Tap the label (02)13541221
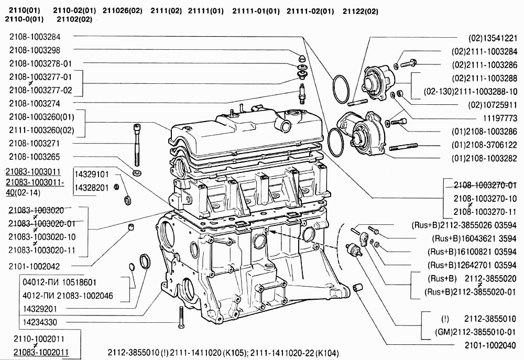(x=493, y=38)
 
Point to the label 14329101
(x=91, y=174)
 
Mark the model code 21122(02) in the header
(x=360, y=10)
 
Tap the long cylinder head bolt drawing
(x=137, y=144)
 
